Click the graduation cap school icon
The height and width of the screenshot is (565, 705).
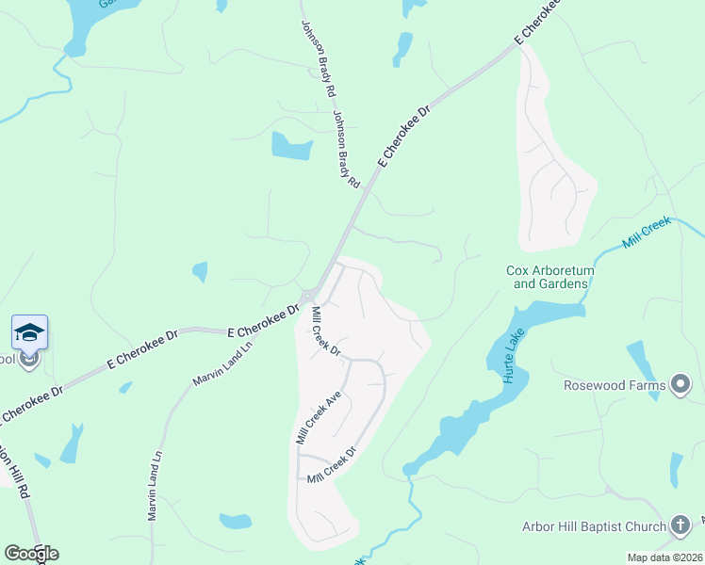tap(29, 332)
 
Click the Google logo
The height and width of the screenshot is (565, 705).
tap(31, 553)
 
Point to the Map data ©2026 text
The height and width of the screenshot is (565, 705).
tap(665, 557)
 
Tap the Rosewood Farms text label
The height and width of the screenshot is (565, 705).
tap(614, 385)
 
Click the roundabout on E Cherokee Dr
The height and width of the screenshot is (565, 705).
tap(308, 297)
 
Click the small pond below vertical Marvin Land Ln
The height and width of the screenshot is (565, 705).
tap(236, 521)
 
